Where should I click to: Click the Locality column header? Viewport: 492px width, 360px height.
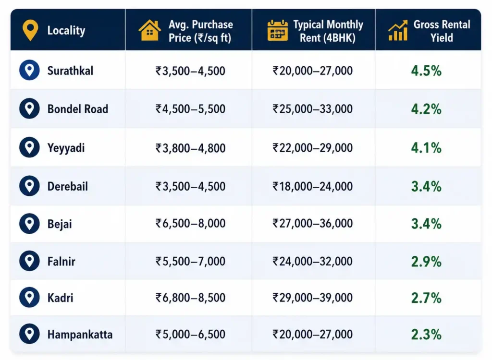point(66,30)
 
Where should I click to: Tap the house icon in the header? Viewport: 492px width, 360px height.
point(150,30)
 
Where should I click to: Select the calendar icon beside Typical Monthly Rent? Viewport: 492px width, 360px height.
point(277,30)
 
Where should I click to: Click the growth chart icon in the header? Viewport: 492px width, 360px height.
point(398,30)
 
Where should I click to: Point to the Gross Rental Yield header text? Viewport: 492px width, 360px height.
point(442,31)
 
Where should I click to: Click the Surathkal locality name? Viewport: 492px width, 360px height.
point(70,71)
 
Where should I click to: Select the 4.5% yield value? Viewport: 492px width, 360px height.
point(426,71)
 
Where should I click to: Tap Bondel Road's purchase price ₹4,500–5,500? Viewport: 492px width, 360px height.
point(190,109)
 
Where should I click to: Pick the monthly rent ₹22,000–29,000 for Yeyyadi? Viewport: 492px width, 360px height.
point(312,148)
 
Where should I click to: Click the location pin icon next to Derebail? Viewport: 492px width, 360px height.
point(29,186)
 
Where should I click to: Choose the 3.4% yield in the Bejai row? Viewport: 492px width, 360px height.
point(426,224)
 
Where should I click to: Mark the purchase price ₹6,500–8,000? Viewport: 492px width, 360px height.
point(190,223)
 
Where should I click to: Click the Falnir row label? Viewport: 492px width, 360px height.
point(61,261)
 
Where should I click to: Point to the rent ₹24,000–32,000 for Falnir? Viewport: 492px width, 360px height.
point(312,261)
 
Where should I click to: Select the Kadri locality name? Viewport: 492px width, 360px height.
point(60,298)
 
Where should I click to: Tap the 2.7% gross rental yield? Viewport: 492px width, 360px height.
point(426,298)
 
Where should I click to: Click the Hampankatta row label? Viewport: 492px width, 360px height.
point(80,334)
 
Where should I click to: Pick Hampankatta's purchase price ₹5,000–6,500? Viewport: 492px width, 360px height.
point(190,334)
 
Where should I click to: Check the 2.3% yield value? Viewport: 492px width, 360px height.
point(426,335)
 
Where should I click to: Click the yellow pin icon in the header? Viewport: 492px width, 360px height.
point(30,30)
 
